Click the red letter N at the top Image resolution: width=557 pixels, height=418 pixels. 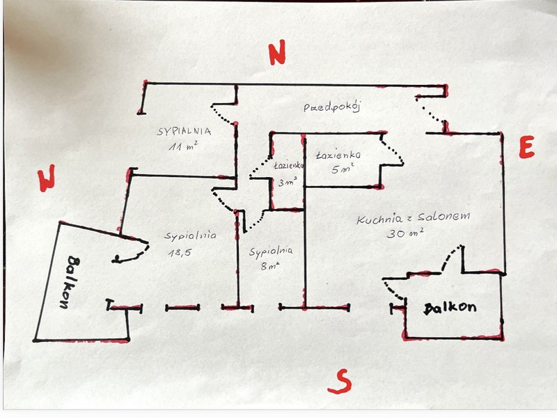(277, 54)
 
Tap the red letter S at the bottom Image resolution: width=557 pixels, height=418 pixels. (339, 380)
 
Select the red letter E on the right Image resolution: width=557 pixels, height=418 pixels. (526, 147)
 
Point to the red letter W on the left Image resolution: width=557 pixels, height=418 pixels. (47, 178)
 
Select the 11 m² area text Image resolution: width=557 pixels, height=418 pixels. (183, 147)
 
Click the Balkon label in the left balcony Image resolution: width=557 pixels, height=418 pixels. (73, 282)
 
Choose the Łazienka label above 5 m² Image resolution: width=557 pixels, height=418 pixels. (338, 154)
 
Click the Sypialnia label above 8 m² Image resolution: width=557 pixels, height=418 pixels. (271, 251)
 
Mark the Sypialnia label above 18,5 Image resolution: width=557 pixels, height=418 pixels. (190, 235)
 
